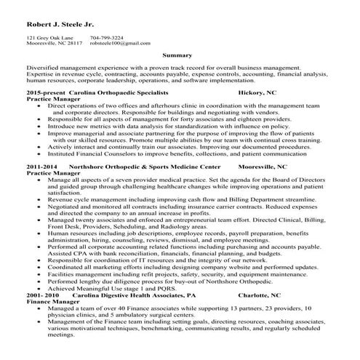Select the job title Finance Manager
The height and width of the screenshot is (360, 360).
[51, 302]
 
